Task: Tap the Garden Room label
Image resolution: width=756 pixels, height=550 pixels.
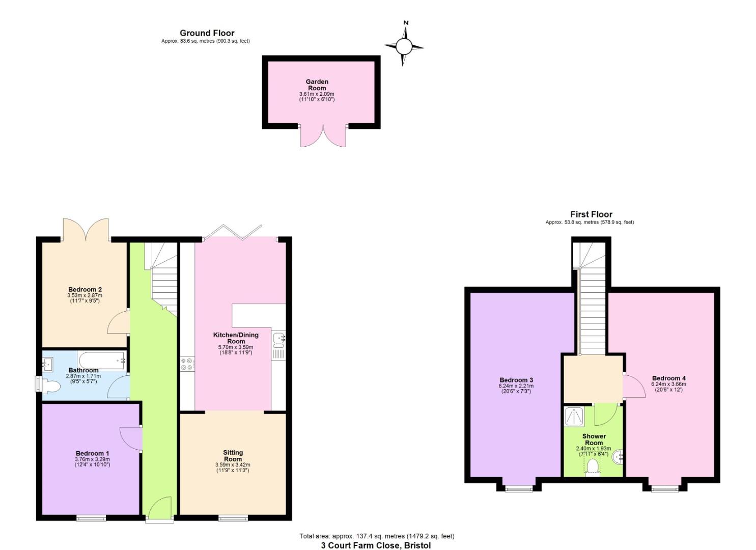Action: click(x=317, y=85)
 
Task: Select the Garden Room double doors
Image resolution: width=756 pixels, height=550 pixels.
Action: click(x=323, y=136)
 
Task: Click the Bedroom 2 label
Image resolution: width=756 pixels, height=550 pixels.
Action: click(x=85, y=289)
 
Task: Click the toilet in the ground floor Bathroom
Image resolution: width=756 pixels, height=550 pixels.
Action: click(x=48, y=386)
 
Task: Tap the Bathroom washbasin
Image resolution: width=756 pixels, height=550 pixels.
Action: click(x=48, y=364)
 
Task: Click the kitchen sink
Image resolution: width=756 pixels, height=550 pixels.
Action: click(x=278, y=339)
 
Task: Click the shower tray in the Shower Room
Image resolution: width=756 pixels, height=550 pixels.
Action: click(x=576, y=416)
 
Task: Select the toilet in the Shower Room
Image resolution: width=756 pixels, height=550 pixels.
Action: click(x=592, y=466)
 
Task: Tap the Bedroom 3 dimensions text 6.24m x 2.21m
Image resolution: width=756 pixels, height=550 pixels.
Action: click(x=516, y=386)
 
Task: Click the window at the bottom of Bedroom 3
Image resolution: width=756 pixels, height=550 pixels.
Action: click(x=518, y=489)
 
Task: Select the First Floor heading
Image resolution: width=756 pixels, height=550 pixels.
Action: click(x=591, y=214)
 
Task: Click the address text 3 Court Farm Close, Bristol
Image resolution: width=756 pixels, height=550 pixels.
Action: click(x=376, y=545)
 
